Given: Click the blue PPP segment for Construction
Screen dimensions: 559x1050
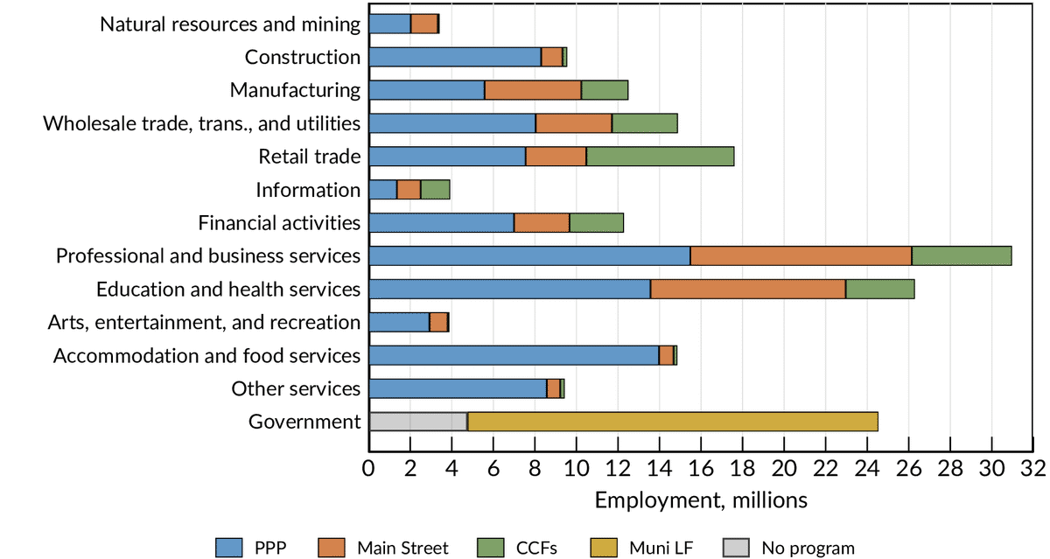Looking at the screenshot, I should tap(455, 57).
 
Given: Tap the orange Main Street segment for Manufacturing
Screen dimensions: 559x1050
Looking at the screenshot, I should tap(533, 90).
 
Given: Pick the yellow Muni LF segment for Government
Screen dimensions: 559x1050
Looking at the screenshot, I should tap(673, 422).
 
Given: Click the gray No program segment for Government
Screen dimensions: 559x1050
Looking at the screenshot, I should tap(418, 422).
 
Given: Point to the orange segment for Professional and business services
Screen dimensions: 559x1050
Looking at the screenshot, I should tap(801, 255).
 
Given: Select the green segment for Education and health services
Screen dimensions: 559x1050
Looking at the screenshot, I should tap(879, 289).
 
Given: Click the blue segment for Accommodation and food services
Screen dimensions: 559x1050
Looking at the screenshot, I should tap(514, 355).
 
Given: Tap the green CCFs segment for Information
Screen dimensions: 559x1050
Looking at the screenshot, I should tap(435, 190).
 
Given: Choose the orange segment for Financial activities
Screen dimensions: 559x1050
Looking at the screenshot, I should tap(542, 223).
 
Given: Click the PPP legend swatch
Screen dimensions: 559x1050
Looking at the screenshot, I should tap(238, 549).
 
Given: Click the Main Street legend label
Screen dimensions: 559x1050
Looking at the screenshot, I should tap(402, 549).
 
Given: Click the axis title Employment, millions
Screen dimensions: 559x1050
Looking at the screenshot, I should tap(701, 500).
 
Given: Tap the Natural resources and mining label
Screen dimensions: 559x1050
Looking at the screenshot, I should tap(230, 24).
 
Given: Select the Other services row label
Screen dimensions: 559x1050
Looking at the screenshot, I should tap(296, 388).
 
